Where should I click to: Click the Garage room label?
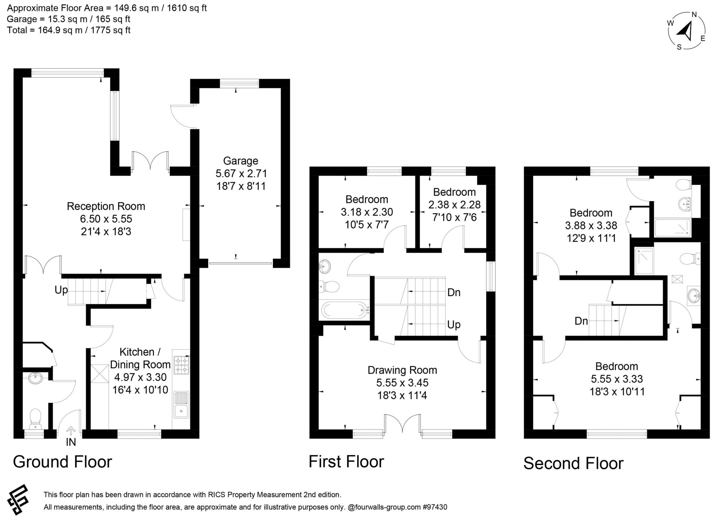click(x=240, y=161)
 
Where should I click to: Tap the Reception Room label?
click(x=106, y=206)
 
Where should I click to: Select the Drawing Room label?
click(x=402, y=370)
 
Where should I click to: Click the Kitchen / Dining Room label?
click(x=140, y=358)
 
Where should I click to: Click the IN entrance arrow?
click(x=71, y=431)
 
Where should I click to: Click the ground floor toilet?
click(x=35, y=419)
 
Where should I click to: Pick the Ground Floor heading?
click(x=62, y=462)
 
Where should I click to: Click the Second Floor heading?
click(x=573, y=463)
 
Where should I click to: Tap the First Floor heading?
click(x=346, y=462)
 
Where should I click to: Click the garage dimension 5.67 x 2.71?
click(x=241, y=174)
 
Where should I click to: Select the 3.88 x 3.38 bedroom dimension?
click(x=591, y=226)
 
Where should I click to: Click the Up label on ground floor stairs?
click(x=61, y=290)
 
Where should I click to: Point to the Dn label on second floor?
click(x=581, y=321)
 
